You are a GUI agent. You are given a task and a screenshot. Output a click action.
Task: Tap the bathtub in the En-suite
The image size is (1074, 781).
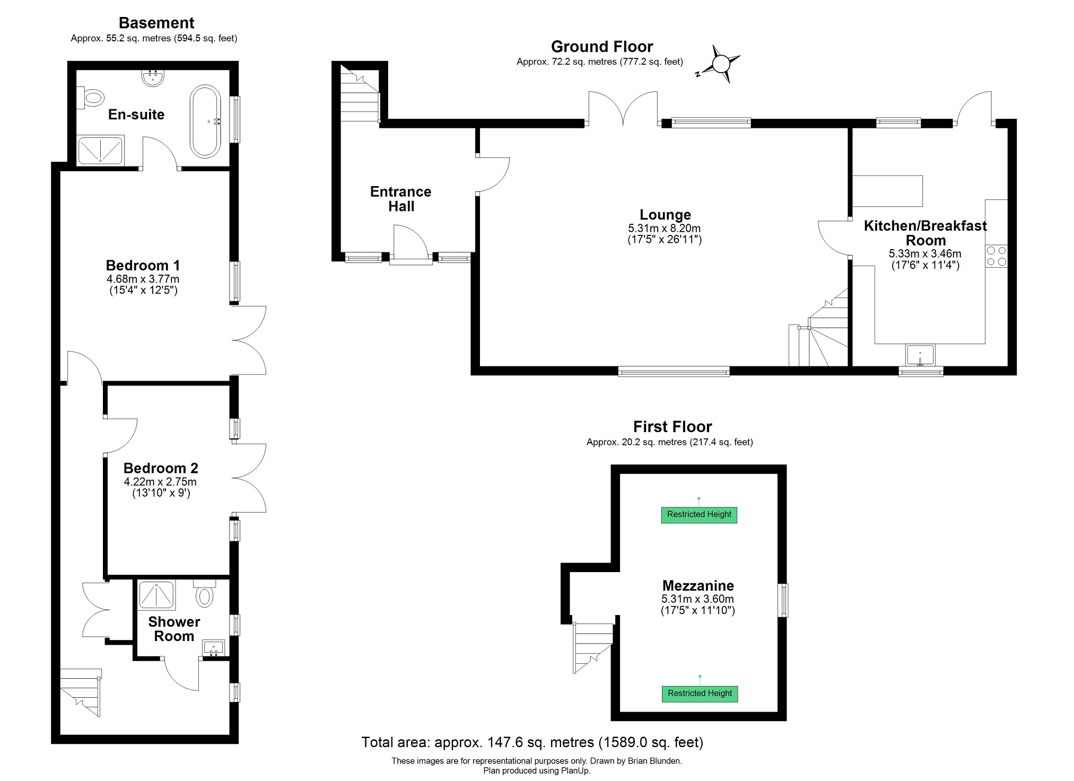[x=205, y=120]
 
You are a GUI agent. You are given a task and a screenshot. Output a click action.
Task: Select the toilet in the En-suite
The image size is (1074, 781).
[x=91, y=98]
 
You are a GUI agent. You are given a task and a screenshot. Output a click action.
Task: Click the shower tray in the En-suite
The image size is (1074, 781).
[x=101, y=150]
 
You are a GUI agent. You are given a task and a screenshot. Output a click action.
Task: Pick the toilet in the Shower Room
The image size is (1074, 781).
[x=204, y=594]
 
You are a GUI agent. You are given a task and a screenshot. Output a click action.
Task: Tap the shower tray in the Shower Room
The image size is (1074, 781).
[x=156, y=594]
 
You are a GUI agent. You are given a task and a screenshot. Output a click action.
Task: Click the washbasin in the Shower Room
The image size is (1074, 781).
[x=214, y=648]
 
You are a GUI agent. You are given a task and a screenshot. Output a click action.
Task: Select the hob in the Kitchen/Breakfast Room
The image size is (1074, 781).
[x=996, y=256]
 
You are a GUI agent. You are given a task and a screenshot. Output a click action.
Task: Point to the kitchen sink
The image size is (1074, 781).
[x=920, y=355]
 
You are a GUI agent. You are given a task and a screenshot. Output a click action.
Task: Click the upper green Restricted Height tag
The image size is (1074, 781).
[x=699, y=514]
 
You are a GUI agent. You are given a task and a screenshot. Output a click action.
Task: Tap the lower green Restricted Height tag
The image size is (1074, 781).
[x=700, y=694]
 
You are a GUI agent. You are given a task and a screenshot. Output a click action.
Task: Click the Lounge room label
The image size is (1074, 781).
[x=665, y=215]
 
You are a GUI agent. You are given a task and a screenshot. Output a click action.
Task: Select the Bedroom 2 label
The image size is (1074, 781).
[x=161, y=468]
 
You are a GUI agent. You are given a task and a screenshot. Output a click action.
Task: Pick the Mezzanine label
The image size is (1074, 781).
[x=698, y=586]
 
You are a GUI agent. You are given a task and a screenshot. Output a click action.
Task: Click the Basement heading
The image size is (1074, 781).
[x=156, y=23]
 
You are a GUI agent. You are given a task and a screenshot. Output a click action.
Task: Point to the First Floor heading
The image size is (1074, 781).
[x=672, y=427]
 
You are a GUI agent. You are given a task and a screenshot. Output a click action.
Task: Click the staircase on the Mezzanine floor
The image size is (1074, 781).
[x=592, y=647]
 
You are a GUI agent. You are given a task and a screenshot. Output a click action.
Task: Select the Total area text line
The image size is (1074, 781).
[x=532, y=742]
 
